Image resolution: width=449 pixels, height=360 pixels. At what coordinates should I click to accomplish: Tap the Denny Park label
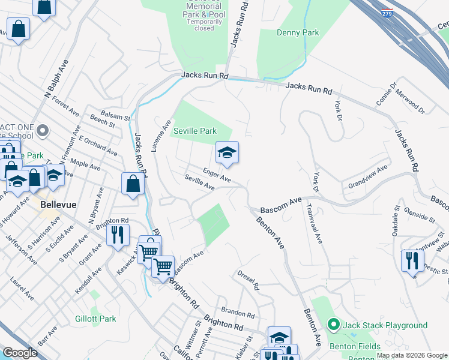[298, 32]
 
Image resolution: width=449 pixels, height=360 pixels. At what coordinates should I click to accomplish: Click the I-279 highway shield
[389, 13]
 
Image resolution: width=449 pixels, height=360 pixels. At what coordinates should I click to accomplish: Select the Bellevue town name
[58, 205]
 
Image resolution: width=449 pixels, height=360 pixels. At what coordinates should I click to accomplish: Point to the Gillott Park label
[96, 319]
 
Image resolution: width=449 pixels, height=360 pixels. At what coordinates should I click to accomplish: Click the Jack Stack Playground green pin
[334, 325]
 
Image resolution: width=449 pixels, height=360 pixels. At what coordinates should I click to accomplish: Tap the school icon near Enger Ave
[228, 154]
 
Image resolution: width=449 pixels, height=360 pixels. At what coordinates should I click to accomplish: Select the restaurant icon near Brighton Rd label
[118, 233]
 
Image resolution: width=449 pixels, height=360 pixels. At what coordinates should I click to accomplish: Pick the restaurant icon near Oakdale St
[412, 260]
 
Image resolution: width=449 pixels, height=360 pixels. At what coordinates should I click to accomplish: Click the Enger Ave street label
[216, 175]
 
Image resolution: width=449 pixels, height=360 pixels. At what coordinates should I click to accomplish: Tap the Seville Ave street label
[200, 183]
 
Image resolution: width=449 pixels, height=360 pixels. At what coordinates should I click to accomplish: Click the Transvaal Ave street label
[315, 224]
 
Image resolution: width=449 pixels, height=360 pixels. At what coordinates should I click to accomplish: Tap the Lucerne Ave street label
[158, 134]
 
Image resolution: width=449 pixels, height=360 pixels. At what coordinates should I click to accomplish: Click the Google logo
[20, 353]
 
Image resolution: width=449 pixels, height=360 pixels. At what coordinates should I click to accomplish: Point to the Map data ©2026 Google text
[411, 356]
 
